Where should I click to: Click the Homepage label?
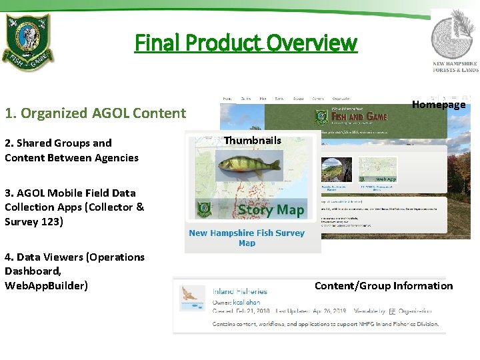(439, 104)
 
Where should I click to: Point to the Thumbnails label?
(253, 140)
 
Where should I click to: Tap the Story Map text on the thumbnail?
(271, 210)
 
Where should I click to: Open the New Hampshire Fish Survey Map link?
(247, 238)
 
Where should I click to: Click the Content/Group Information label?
(383, 286)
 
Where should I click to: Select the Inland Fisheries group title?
(240, 291)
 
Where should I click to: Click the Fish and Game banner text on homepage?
(359, 116)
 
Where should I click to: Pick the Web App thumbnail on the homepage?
(378, 170)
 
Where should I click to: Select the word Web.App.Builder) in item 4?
(46, 285)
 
